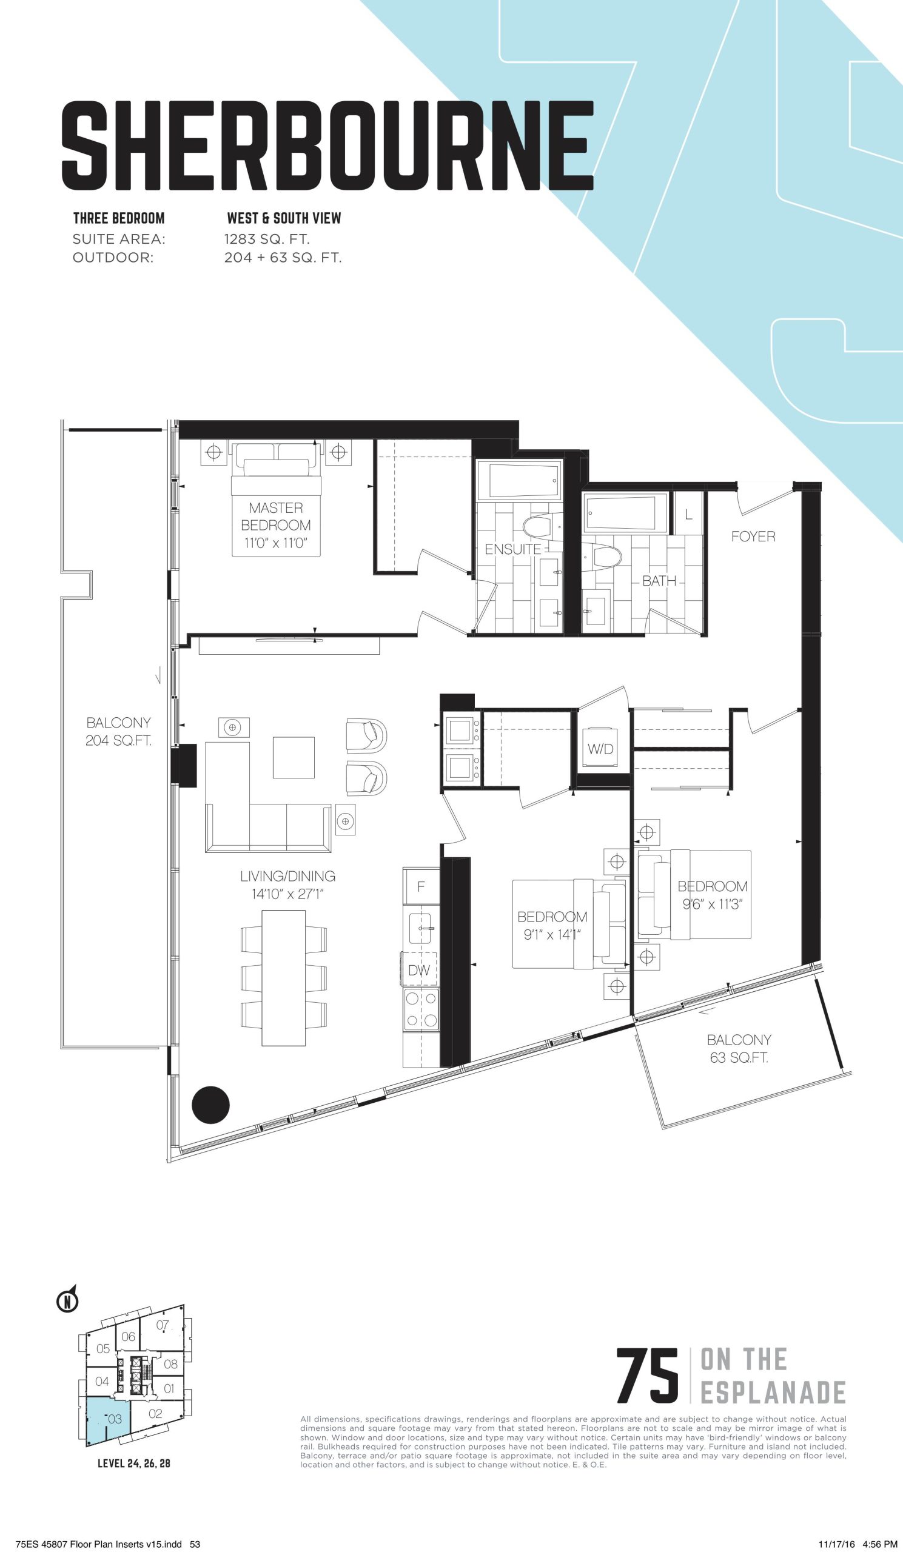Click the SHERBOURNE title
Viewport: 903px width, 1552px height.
tap(327, 146)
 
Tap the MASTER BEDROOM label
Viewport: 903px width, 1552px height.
tap(275, 517)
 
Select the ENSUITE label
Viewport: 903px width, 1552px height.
tap(512, 549)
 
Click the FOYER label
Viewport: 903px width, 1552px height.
tap(753, 537)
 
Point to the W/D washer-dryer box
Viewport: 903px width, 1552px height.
tap(600, 749)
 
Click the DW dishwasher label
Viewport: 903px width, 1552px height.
tap(419, 971)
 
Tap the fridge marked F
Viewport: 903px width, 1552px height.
tap(421, 886)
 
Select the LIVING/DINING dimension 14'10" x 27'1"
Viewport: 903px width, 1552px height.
tap(287, 894)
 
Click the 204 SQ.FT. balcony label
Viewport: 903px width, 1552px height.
tap(118, 740)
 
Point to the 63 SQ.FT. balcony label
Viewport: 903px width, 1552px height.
tap(739, 1058)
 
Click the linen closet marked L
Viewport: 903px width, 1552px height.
tap(688, 513)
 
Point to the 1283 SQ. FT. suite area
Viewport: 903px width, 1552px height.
tap(267, 238)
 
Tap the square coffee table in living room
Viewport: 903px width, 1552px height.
tap(294, 758)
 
